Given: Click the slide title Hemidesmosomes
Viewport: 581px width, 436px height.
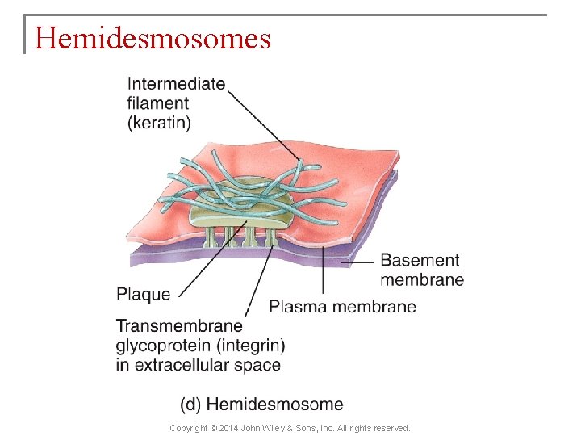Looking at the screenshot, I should coord(153,38).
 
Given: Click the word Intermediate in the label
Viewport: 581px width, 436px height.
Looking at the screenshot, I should coord(176,84).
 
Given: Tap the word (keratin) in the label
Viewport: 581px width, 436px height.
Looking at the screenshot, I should coord(159,123).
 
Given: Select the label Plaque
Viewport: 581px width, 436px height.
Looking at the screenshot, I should coord(144,294).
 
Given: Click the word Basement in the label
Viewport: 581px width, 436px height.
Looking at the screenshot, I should coord(420,260).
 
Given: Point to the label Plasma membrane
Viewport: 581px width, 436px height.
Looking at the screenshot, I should coord(342,307).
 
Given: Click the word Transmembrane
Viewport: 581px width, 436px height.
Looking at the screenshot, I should coord(179,327).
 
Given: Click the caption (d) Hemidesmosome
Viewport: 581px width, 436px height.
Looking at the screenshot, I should coord(261,405).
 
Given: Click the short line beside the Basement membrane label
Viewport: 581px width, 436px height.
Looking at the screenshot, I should coord(357,262).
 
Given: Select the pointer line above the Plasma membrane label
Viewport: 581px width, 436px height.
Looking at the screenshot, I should coord(324,270).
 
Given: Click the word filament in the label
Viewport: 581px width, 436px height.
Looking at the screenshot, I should coord(158,103).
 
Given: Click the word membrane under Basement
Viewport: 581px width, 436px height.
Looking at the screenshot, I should coord(422,280).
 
